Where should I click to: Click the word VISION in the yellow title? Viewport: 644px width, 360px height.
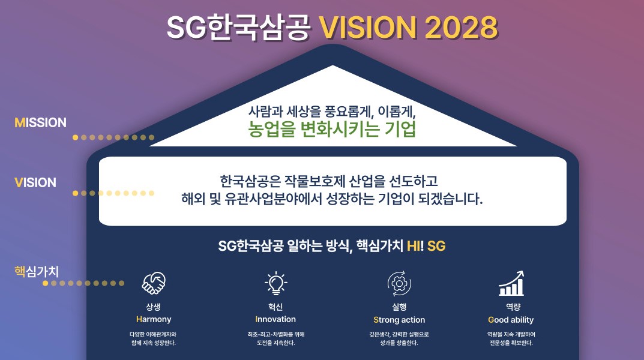[368, 28]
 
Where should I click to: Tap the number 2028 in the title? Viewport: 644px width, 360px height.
[461, 28]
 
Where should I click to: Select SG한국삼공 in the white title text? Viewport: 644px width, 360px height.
[238, 28]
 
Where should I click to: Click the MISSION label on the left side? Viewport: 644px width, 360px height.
[40, 122]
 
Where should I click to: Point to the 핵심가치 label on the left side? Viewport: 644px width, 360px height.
[37, 271]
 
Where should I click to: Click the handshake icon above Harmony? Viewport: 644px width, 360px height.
[154, 283]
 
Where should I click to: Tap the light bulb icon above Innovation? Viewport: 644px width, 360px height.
[275, 283]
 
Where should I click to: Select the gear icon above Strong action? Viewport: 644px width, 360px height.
[399, 283]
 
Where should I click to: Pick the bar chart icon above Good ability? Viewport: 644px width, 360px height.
[511, 283]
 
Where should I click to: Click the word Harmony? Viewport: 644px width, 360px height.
[154, 319]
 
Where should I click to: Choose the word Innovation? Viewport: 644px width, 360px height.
[275, 319]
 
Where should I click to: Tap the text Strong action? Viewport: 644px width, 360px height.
[399, 320]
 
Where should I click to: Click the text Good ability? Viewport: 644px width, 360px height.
[511, 320]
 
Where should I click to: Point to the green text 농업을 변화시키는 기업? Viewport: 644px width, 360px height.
[332, 129]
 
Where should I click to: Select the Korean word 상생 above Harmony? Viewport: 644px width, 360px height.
[153, 307]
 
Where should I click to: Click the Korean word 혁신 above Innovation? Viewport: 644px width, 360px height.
[275, 307]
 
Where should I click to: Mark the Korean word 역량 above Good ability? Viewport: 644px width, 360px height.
[513, 307]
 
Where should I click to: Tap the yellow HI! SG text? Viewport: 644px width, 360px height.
[426, 246]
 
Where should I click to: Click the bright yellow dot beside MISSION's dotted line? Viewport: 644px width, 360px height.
[75, 137]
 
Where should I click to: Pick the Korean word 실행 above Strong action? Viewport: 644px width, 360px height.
[399, 307]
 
